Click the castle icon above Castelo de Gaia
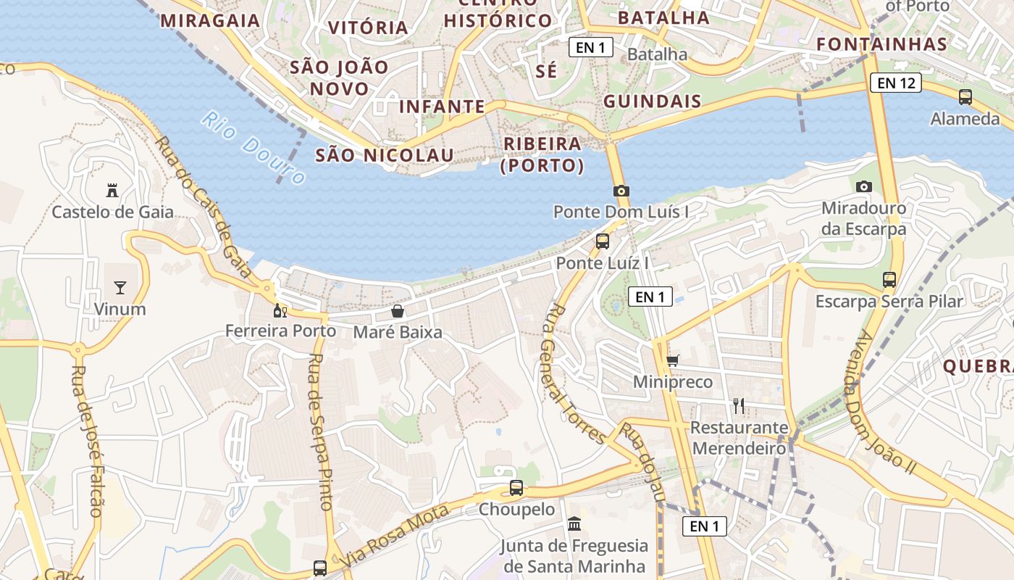pyautogui.click(x=112, y=191)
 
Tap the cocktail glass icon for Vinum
pyautogui.click(x=120, y=288)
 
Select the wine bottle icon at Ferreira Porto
pyautogui.click(x=280, y=311)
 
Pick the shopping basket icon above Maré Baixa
pyautogui.click(x=398, y=312)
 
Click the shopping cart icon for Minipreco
pyautogui.click(x=673, y=360)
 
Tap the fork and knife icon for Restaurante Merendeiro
pyautogui.click(x=739, y=406)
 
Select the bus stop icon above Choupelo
pyautogui.click(x=516, y=488)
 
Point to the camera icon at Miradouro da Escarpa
pyautogui.click(x=863, y=186)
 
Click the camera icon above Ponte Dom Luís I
pyautogui.click(x=621, y=191)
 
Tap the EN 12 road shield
pyautogui.click(x=896, y=83)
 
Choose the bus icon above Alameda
pyautogui.click(x=965, y=96)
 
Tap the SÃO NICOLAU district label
pyautogui.click(x=385, y=154)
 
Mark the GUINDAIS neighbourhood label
pyautogui.click(x=653, y=101)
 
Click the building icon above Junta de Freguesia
pyautogui.click(x=574, y=523)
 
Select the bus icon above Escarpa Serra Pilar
pyautogui.click(x=889, y=279)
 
